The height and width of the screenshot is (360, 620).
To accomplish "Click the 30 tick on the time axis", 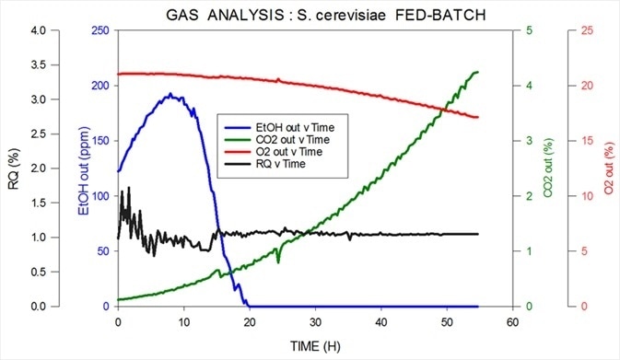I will click(x=315, y=322).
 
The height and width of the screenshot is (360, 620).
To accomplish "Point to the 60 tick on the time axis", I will click(x=512, y=322).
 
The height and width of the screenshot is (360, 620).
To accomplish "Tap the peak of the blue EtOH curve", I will click(x=170, y=94).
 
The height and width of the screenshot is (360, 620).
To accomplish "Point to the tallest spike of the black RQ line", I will click(x=128, y=188).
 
